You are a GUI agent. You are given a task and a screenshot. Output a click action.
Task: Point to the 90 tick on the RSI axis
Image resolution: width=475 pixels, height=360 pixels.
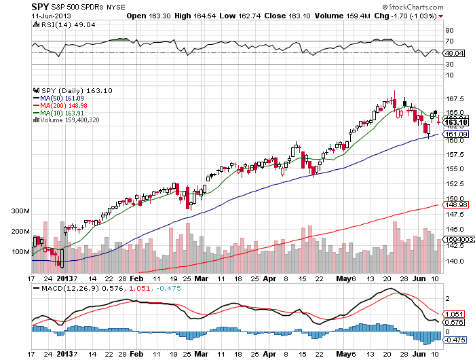[x=449, y=31]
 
